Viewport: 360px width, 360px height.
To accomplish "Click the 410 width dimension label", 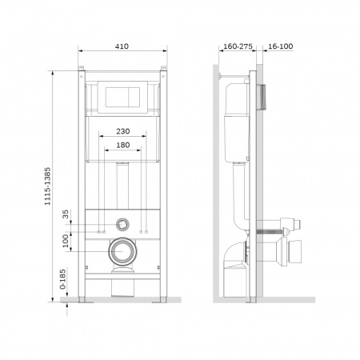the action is (122, 46).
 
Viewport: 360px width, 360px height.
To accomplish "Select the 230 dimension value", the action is (123, 131).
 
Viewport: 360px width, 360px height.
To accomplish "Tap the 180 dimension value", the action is (123, 145).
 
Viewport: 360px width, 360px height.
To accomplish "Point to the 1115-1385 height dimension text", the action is (47, 186).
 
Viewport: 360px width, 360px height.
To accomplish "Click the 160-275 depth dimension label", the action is (238, 46).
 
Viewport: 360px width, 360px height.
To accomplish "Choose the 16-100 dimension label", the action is (280, 46).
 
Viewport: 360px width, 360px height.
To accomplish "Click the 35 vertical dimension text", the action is (66, 214).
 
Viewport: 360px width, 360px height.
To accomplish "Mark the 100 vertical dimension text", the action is (66, 241).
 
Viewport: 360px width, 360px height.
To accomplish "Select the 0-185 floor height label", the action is (62, 279).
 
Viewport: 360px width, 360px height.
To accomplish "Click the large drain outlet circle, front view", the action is (122, 251).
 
